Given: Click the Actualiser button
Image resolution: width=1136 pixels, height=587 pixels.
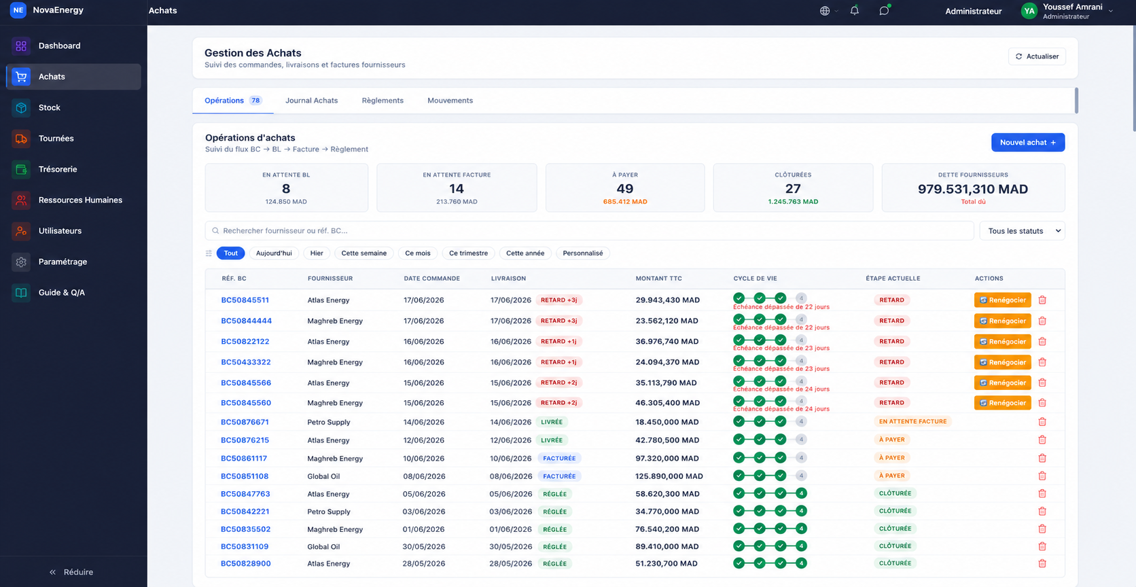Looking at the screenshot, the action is click(x=1037, y=56).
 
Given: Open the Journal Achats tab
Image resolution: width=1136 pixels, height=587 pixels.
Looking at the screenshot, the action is click(x=311, y=101).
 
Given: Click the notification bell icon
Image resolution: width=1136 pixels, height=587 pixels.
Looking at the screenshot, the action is click(x=855, y=11).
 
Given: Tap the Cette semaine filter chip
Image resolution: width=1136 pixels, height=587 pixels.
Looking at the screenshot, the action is click(x=363, y=253).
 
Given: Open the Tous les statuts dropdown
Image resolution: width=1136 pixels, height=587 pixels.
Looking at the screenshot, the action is click(x=1022, y=230).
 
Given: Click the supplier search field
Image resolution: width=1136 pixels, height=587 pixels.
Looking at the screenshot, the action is click(x=589, y=230).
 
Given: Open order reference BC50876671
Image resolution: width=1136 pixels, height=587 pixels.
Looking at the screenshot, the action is click(x=245, y=422).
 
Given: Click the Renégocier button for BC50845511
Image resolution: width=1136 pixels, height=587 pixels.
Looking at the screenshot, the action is click(x=1002, y=300).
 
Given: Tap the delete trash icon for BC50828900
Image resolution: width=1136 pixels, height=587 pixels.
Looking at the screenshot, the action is click(x=1042, y=564).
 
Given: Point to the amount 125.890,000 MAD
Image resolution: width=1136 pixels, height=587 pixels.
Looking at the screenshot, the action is click(x=669, y=476).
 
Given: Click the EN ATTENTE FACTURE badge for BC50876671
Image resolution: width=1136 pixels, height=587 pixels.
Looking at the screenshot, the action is click(x=912, y=422).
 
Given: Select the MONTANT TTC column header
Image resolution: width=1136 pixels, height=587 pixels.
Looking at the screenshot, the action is click(x=658, y=279).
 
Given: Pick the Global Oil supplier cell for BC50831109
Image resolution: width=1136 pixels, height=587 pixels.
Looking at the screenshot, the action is click(x=323, y=546).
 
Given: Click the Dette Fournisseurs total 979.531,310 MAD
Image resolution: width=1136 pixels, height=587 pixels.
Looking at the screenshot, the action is click(x=973, y=189).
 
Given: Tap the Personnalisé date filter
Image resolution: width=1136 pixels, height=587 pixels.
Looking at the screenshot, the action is click(x=583, y=253).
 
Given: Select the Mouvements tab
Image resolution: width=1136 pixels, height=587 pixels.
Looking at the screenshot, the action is click(x=450, y=101).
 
